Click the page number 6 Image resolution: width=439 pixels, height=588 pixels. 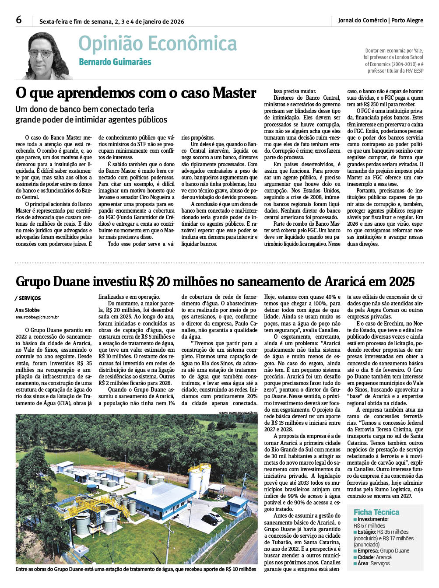[x=18, y=20]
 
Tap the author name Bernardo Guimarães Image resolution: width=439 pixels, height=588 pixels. [x=115, y=62]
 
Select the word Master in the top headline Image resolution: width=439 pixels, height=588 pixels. [x=234, y=93]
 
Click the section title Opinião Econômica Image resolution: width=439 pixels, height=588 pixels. [x=158, y=44]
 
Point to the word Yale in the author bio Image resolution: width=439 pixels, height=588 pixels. [x=418, y=51]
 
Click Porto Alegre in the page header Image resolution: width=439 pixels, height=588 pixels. [x=407, y=20]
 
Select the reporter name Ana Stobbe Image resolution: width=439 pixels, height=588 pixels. [x=28, y=310]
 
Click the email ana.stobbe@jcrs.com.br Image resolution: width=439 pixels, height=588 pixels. [x=37, y=317]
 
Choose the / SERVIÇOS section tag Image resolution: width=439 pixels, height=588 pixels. [x=28, y=298]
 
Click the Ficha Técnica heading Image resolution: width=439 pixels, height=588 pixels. [x=376, y=512]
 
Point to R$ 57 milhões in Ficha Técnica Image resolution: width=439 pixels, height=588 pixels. [x=369, y=526]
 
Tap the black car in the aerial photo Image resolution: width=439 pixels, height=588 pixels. [x=210, y=520]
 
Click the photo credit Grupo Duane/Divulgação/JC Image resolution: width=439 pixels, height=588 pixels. [x=239, y=413]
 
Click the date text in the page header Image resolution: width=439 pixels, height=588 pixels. [x=112, y=21]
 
